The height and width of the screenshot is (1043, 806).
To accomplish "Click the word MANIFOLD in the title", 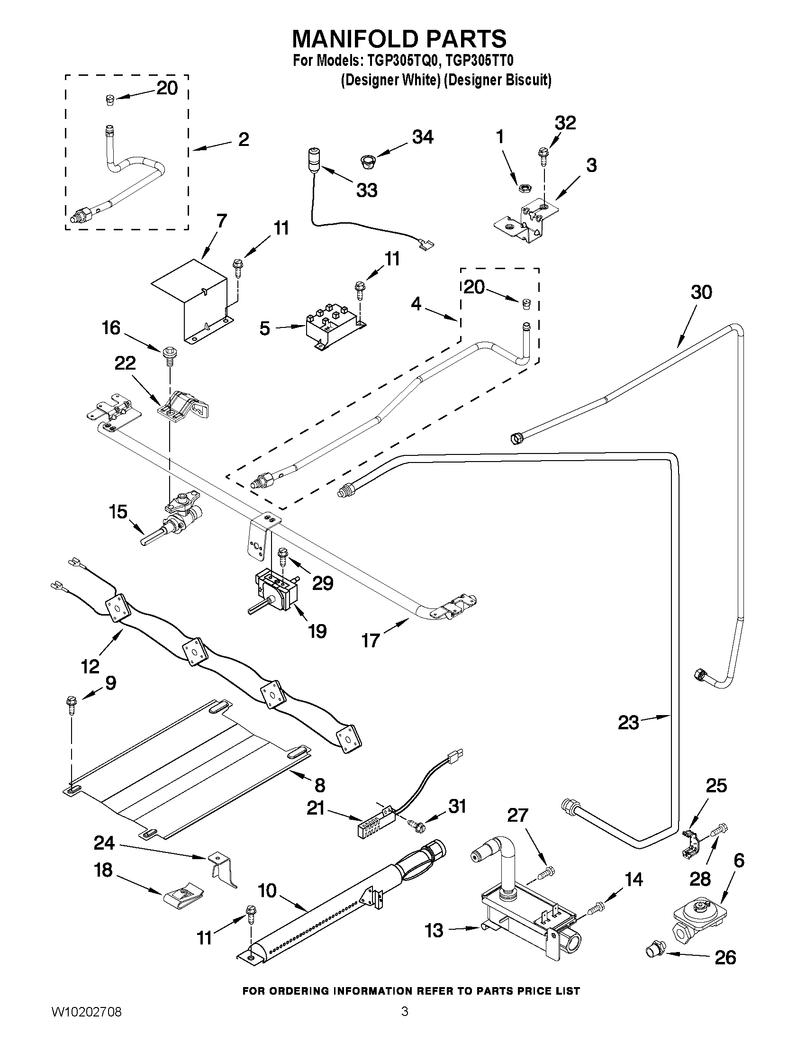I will click(353, 39).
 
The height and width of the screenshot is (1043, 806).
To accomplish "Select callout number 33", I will click(367, 190).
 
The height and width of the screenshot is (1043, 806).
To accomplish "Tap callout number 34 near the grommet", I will click(423, 137).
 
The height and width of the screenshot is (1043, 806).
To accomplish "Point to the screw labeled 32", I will click(543, 154).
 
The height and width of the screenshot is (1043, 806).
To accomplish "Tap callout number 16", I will click(111, 328).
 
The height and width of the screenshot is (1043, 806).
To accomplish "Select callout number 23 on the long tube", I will click(628, 723).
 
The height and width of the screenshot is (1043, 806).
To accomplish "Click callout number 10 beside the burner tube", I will click(267, 891).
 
